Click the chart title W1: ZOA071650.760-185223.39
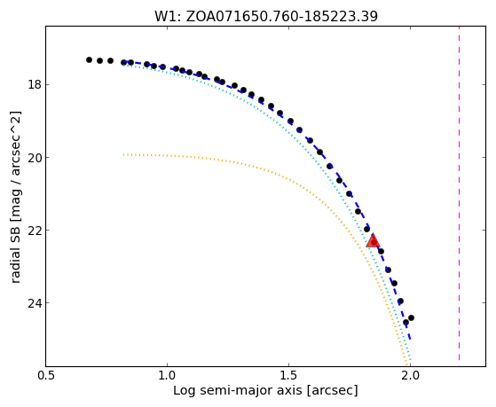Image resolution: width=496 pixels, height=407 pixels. point(266,16)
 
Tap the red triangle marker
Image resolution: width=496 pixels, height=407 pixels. point(373,240)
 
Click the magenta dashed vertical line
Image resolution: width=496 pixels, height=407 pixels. point(459,193)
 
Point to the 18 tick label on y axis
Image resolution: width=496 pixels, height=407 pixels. point(35,85)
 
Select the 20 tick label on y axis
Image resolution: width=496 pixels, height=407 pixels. point(35,158)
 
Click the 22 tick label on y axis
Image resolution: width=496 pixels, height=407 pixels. point(35,231)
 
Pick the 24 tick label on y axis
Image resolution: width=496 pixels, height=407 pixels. point(35,303)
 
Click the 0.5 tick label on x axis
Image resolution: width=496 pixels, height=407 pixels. point(46,376)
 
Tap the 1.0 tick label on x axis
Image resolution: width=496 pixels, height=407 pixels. point(167,376)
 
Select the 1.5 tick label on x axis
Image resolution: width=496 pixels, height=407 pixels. point(288,376)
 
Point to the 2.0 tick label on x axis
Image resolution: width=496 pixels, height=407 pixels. point(410,376)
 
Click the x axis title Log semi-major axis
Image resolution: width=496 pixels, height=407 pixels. point(238,391)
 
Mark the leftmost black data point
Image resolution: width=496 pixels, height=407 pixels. point(89,59)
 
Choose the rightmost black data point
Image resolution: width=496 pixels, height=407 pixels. point(411,317)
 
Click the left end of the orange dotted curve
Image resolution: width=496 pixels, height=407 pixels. point(124,154)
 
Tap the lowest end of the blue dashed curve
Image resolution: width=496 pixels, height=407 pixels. point(410,340)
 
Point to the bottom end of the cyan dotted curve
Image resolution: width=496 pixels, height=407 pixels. point(410,360)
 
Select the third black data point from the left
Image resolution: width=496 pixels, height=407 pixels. point(110,60)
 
